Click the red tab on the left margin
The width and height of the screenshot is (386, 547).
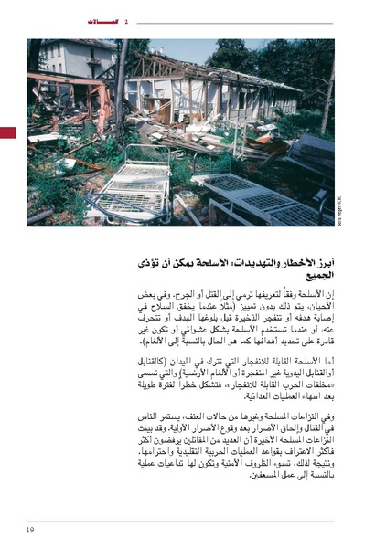[x=7, y=133]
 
